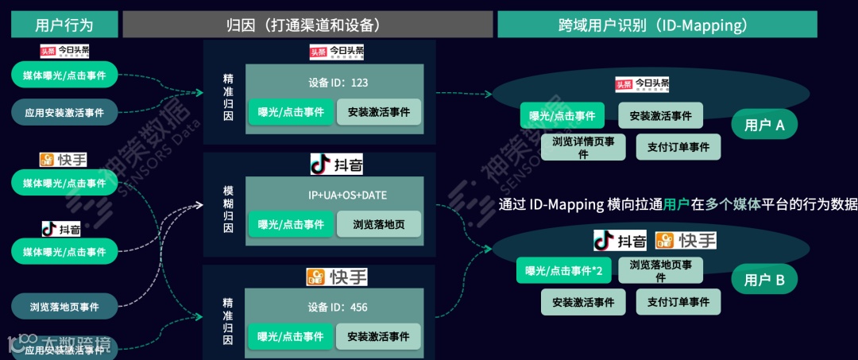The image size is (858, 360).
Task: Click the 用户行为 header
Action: (64, 25)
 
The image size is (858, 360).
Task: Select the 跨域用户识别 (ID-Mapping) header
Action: (657, 25)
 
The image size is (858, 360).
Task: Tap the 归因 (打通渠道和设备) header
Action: (306, 25)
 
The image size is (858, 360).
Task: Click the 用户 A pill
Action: (764, 124)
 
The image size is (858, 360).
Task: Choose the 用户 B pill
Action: (764, 280)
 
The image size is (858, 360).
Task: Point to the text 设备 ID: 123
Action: (338, 83)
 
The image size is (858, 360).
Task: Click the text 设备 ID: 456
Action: (338, 307)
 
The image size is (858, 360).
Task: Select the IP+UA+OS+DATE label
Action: (338, 195)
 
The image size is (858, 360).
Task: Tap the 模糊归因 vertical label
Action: (228, 209)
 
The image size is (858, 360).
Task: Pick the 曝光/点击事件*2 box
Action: (563, 271)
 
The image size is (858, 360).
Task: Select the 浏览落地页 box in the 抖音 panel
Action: (379, 225)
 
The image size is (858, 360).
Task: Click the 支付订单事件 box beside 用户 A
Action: (678, 147)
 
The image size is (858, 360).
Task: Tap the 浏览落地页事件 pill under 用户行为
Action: (64, 306)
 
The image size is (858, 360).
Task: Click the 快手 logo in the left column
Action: (64, 160)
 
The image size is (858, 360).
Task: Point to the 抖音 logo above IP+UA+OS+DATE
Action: (338, 165)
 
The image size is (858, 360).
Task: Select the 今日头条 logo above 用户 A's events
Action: (643, 84)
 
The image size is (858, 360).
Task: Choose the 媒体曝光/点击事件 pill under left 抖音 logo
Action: (64, 252)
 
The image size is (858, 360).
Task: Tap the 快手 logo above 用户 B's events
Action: (686, 240)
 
